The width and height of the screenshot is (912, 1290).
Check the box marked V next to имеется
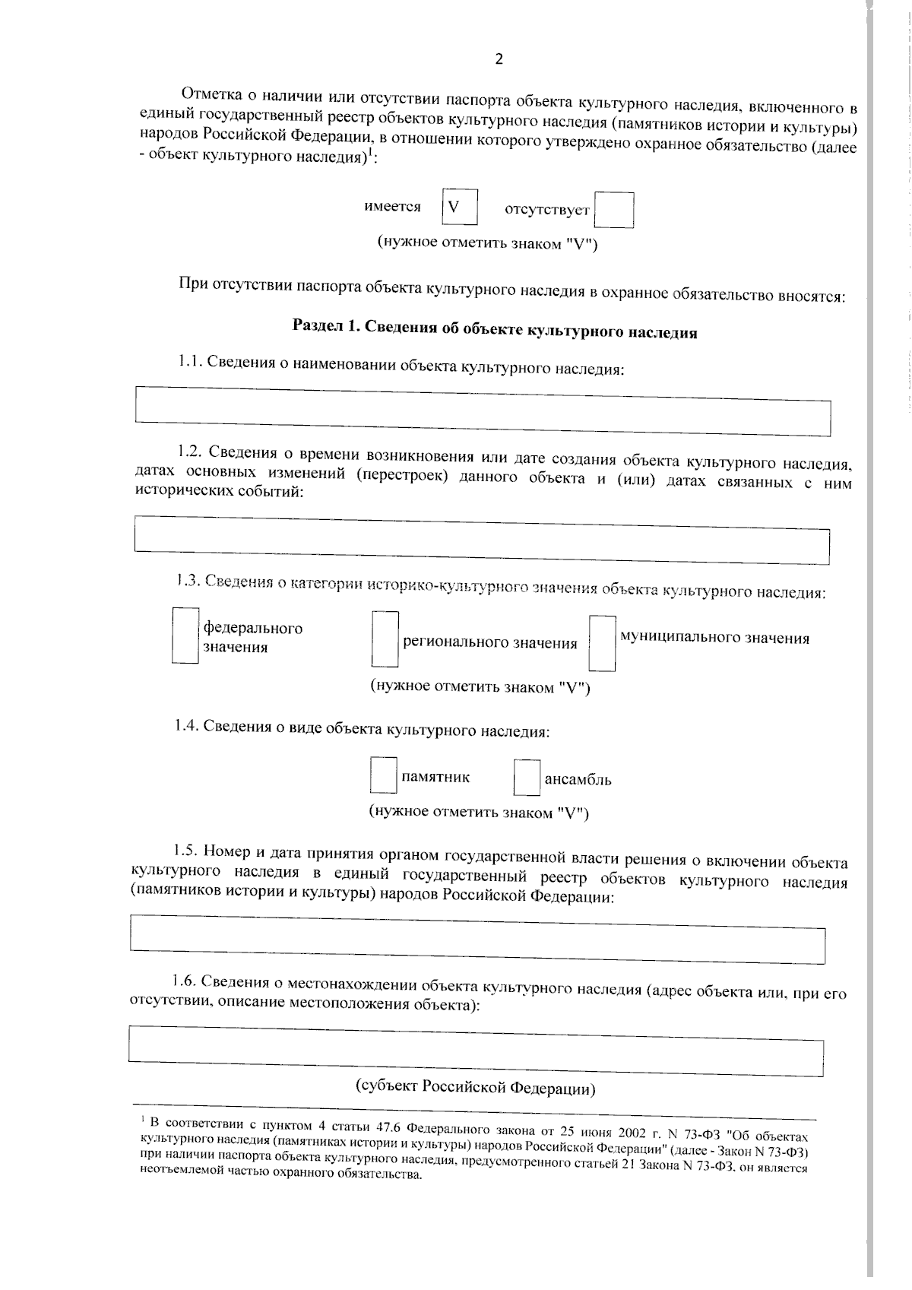coord(460,207)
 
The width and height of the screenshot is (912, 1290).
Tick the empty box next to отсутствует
coord(614,211)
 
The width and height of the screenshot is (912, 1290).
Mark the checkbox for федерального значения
coord(185,635)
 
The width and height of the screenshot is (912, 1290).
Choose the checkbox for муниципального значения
coord(603,644)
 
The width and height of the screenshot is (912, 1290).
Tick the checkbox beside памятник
coord(383,775)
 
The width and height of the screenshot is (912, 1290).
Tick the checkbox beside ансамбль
coord(527,778)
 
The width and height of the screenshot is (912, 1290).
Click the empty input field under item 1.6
coord(476,1051)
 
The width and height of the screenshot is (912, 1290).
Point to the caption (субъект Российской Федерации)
coord(476,1088)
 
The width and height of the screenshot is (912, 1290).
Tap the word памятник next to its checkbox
coord(435,777)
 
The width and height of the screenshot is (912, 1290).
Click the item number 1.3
coord(187,581)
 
